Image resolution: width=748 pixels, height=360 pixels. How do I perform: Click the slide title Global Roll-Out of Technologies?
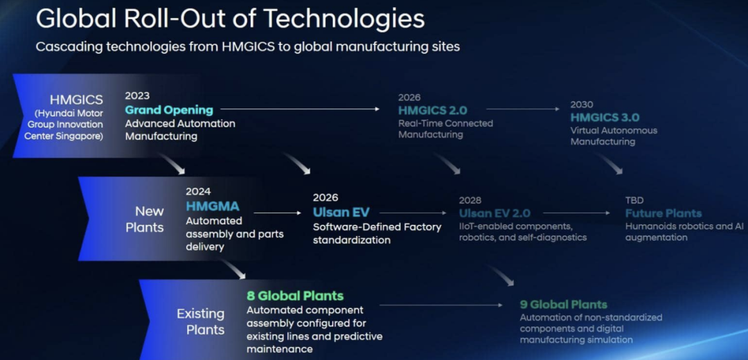(230, 19)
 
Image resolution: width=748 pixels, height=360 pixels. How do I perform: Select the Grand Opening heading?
(169, 110)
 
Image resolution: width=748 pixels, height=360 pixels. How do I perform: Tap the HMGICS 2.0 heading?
(433, 111)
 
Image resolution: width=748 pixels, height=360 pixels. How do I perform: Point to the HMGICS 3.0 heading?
(605, 117)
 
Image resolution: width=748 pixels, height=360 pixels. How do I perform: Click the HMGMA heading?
(213, 206)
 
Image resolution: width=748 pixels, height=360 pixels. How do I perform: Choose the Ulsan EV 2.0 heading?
(495, 213)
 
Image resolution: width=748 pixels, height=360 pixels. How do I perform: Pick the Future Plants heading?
(664, 213)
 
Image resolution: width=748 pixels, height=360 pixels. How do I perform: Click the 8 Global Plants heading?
(295, 296)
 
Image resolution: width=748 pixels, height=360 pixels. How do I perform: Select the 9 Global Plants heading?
(563, 304)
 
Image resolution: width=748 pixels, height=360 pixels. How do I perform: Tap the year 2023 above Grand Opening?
(137, 96)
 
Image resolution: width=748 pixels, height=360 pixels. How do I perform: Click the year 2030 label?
(582, 105)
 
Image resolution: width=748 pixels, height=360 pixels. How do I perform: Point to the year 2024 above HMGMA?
(198, 192)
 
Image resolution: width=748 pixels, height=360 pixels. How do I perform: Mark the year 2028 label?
(470, 200)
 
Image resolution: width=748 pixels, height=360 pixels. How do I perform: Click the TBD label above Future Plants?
(634, 200)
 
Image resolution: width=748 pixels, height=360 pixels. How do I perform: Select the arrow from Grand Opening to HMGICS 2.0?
(300, 109)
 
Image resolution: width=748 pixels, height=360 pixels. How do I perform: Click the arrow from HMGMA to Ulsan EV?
(277, 213)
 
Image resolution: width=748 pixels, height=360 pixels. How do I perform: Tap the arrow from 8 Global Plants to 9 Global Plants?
(441, 305)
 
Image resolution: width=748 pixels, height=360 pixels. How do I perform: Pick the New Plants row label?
(145, 219)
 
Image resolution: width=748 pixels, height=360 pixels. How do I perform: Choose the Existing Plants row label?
(200, 322)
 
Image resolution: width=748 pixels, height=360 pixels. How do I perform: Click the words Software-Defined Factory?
(377, 227)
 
